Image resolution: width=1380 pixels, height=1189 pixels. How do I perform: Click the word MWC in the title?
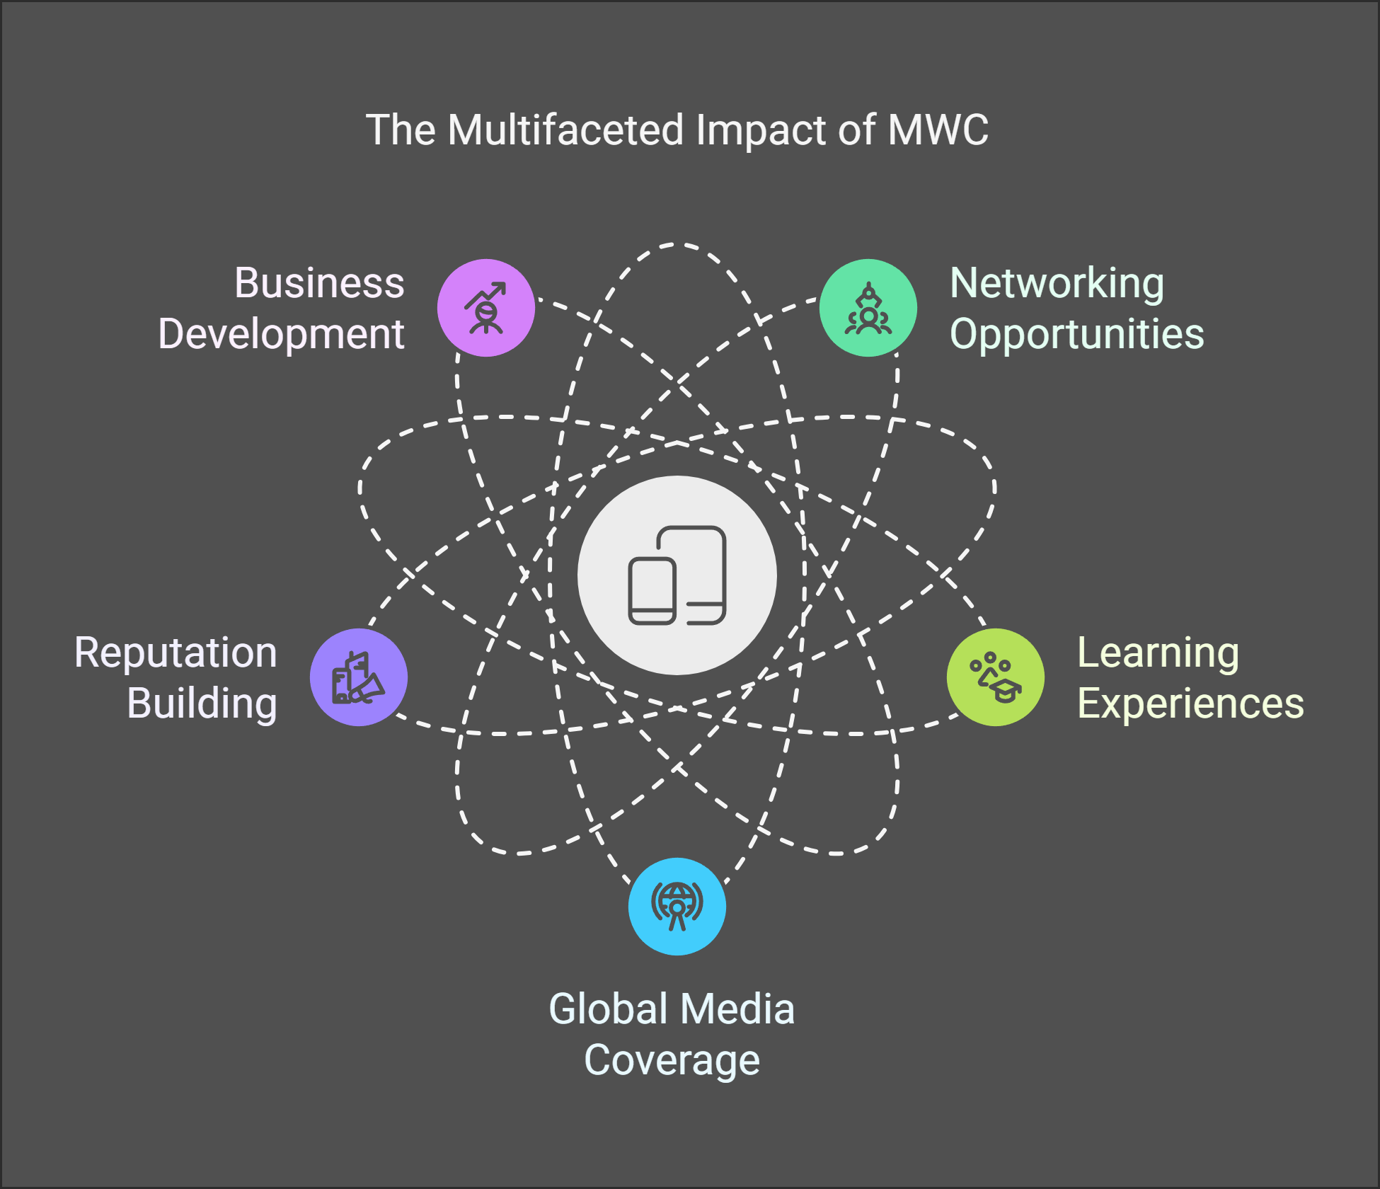click(x=938, y=130)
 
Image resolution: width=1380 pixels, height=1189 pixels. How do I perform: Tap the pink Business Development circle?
click(x=485, y=308)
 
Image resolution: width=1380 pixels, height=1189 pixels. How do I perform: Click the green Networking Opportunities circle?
click(x=868, y=308)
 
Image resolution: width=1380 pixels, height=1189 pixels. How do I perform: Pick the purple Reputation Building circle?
click(x=359, y=677)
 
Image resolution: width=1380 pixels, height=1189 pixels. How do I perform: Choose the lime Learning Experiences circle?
click(x=995, y=677)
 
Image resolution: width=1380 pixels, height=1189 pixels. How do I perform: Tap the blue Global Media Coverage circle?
click(x=677, y=907)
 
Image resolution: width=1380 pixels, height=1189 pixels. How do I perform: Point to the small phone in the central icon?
click(x=652, y=591)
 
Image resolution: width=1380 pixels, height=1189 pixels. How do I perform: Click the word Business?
click(x=319, y=283)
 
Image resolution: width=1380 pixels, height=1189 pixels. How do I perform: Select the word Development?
click(x=281, y=334)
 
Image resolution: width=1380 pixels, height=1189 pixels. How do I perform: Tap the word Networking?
click(x=1057, y=283)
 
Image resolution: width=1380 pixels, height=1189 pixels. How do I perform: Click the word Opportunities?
click(x=1076, y=334)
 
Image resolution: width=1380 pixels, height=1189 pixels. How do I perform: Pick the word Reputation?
click(x=176, y=653)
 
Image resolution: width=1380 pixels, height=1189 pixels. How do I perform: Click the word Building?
click(x=202, y=703)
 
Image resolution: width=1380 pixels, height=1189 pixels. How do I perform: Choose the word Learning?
click(x=1158, y=653)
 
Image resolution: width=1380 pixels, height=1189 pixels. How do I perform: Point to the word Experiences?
click(x=1190, y=703)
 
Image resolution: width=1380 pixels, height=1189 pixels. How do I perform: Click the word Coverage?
click(x=672, y=1060)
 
